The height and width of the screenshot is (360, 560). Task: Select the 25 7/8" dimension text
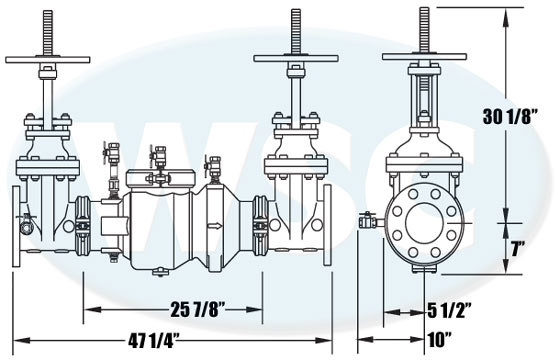199,310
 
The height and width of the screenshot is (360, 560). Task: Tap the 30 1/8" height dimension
511,116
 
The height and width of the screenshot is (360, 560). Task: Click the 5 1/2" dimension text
450,310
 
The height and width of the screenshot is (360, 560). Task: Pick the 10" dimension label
440,340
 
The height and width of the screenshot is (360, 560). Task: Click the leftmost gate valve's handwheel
48,60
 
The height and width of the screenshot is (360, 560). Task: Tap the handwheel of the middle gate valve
296,58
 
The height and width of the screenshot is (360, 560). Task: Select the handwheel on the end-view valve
424,57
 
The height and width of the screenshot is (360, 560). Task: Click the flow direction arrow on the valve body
215,226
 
